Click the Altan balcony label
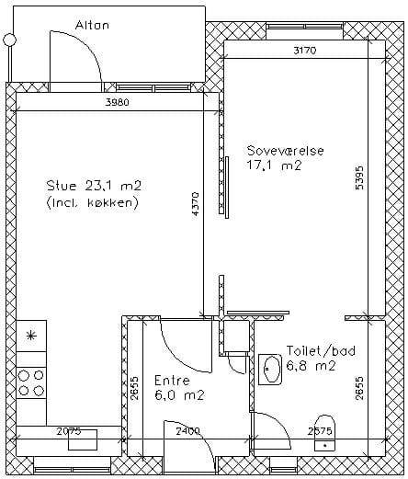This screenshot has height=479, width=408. (x=92, y=25)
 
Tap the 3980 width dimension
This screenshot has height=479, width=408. (x=117, y=102)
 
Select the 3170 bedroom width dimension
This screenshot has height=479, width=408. (x=304, y=51)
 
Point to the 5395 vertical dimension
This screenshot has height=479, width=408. (x=359, y=177)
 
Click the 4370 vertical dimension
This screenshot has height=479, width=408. (x=196, y=204)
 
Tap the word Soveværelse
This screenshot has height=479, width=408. (x=286, y=151)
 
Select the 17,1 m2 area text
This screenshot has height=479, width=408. (x=274, y=165)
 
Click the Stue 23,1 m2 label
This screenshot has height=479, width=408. (x=94, y=186)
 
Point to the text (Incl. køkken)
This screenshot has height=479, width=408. (x=92, y=202)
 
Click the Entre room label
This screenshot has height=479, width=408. (x=172, y=381)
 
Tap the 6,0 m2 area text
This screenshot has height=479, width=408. (x=179, y=395)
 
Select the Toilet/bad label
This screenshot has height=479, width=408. (x=321, y=351)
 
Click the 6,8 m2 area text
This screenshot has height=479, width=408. (x=311, y=366)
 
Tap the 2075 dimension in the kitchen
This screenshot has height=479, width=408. (x=69, y=431)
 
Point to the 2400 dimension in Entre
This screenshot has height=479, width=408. (x=187, y=431)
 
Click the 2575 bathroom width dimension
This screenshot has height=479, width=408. (x=320, y=431)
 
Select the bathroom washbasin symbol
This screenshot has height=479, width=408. (x=270, y=370)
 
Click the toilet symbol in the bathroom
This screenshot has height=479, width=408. (x=325, y=433)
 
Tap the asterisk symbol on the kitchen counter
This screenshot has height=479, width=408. (x=30, y=336)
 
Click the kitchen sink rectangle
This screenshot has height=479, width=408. (x=83, y=439)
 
